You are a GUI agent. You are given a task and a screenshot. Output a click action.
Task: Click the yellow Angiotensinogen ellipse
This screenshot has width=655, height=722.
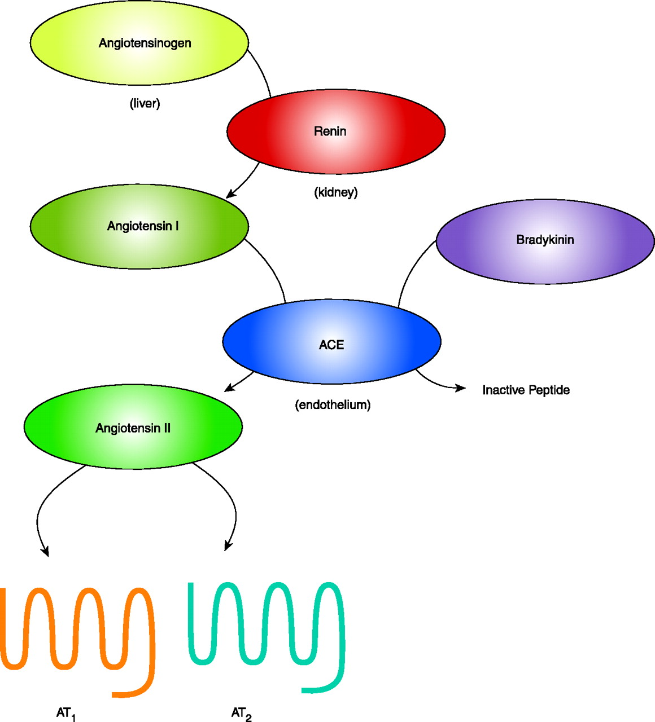[x=139, y=43]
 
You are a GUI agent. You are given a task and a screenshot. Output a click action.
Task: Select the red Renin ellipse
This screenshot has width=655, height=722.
[x=336, y=131]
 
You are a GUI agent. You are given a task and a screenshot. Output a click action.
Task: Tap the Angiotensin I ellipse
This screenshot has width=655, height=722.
[x=139, y=226]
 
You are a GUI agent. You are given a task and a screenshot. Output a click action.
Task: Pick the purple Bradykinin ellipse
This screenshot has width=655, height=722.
[x=545, y=240]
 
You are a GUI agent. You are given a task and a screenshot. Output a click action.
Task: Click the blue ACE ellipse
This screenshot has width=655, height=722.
[x=331, y=342]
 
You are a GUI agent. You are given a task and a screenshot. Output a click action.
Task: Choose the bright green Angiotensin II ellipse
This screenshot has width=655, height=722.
[x=133, y=427]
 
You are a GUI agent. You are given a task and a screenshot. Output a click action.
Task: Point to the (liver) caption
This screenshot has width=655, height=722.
[x=145, y=104]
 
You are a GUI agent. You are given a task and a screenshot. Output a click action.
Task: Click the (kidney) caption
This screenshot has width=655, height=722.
[x=336, y=192]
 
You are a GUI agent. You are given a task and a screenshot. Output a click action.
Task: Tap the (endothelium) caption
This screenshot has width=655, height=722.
[x=333, y=405]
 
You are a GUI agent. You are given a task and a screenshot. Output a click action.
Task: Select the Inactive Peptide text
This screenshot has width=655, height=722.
[x=526, y=390]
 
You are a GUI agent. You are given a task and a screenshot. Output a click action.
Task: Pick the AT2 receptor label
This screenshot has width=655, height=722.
[x=241, y=714]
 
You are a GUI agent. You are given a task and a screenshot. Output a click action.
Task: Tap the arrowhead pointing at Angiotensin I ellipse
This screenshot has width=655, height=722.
[x=230, y=195]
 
